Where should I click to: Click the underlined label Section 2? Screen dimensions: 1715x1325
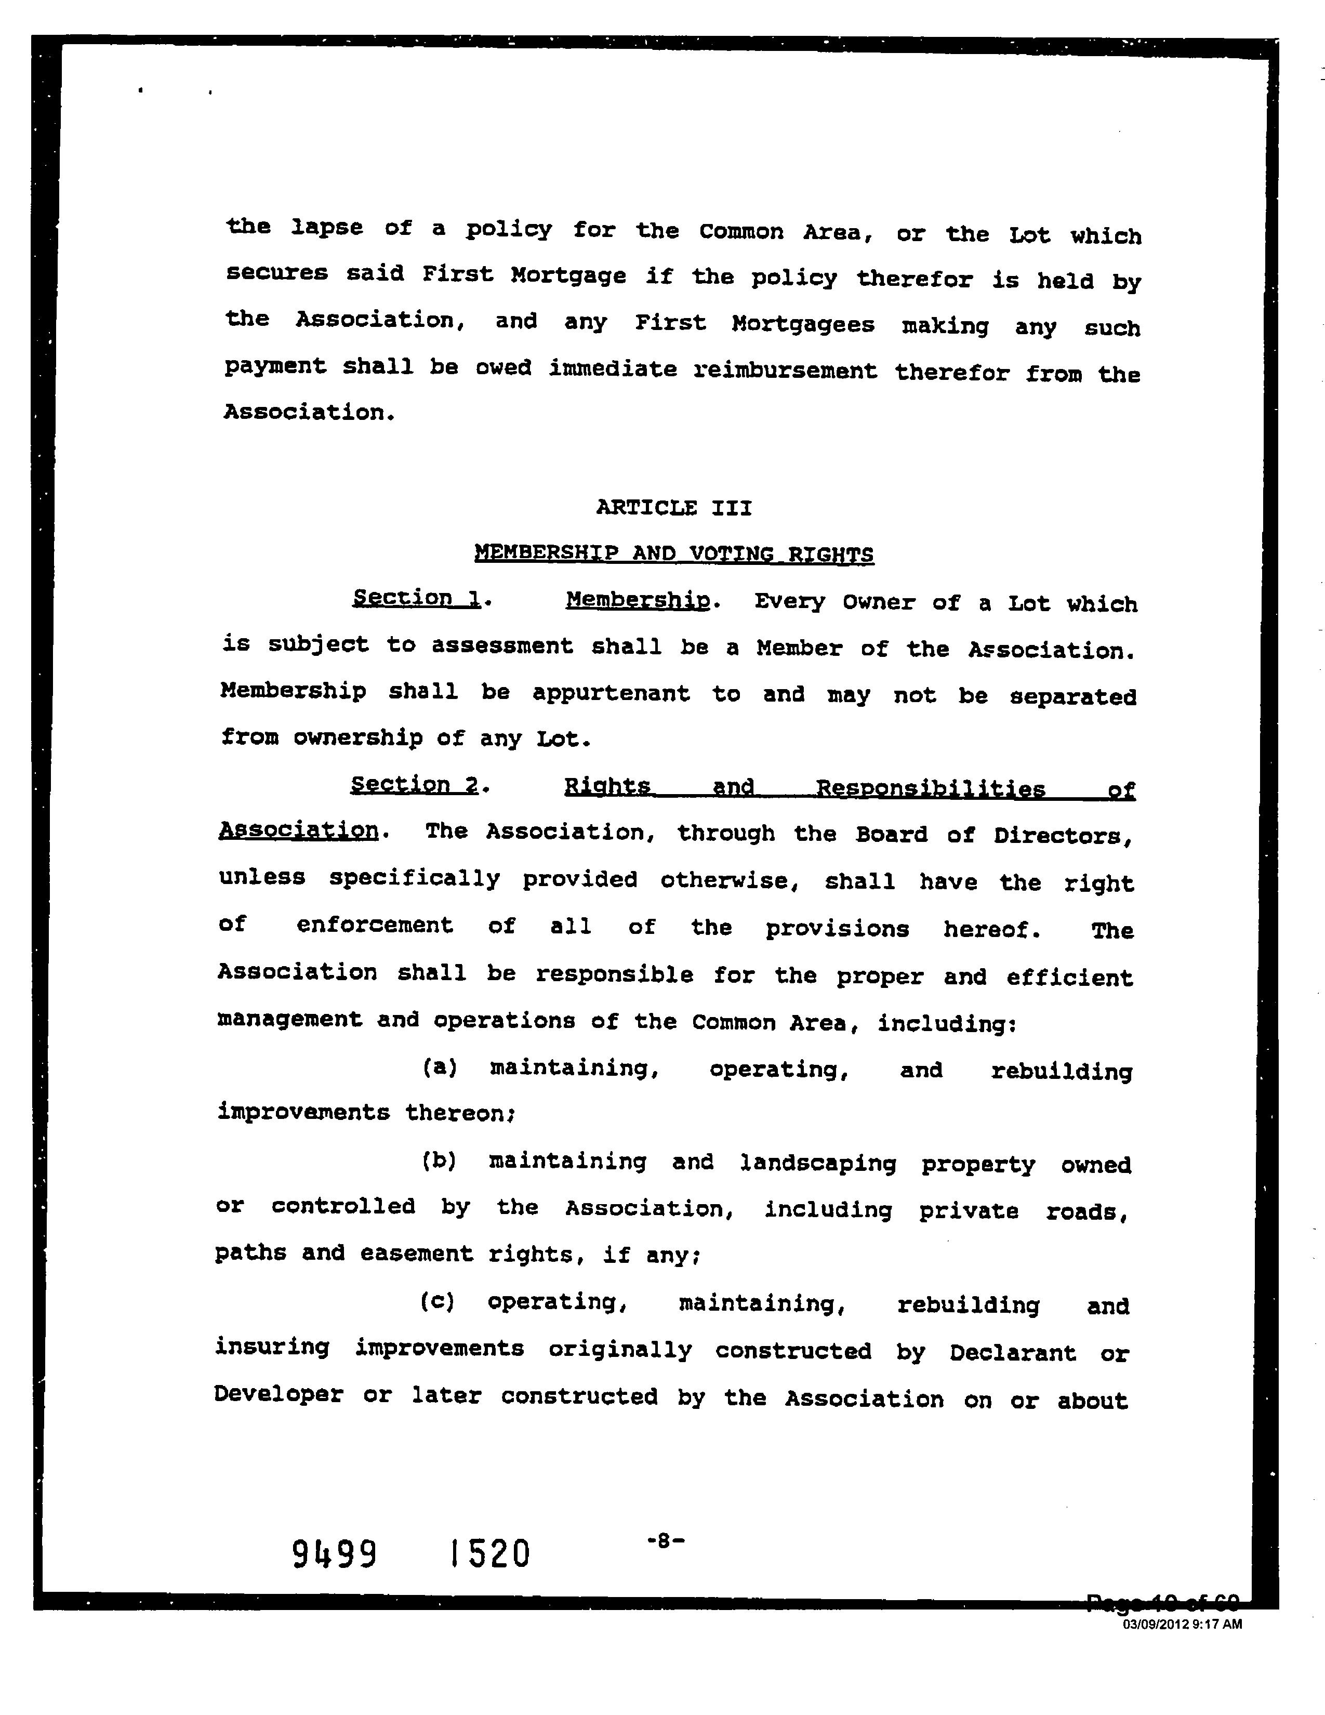(415, 784)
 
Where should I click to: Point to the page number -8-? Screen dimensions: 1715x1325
(666, 1541)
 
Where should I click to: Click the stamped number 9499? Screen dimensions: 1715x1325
(335, 1554)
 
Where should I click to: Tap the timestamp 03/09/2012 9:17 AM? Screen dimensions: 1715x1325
(1182, 1625)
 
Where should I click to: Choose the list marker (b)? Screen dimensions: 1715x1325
(439, 1160)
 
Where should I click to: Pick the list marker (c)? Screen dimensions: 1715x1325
(437, 1301)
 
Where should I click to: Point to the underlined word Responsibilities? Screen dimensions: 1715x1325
(931, 788)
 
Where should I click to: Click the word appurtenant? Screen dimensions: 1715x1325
(612, 693)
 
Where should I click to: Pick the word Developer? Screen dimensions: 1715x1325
(279, 1395)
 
